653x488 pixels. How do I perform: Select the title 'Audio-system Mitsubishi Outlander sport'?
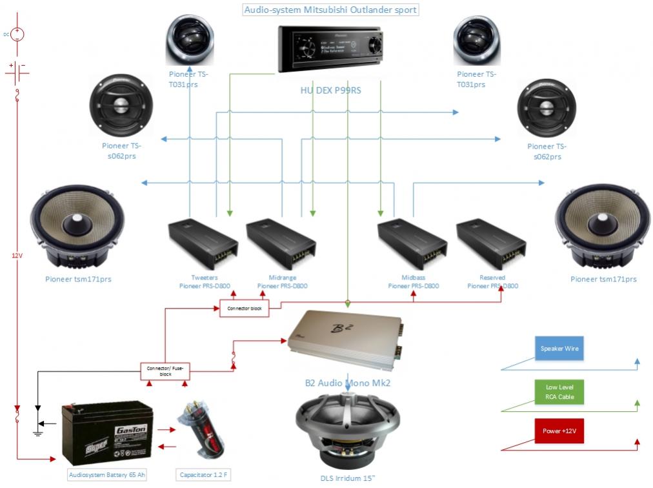[x=330, y=10]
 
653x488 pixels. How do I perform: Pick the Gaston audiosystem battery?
[x=107, y=433]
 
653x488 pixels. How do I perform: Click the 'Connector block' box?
[x=242, y=309]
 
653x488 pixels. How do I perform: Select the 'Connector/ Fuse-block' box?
[x=165, y=371]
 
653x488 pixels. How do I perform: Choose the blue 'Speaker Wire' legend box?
[x=559, y=349]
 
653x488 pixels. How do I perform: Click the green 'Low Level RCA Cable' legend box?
[x=559, y=392]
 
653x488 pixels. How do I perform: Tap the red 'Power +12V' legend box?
[x=559, y=431]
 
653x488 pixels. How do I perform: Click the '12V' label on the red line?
[x=17, y=256]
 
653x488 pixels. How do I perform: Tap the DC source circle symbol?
[x=18, y=34]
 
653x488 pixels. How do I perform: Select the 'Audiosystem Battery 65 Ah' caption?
[x=107, y=475]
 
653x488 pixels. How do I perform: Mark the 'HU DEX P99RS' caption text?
[x=330, y=91]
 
